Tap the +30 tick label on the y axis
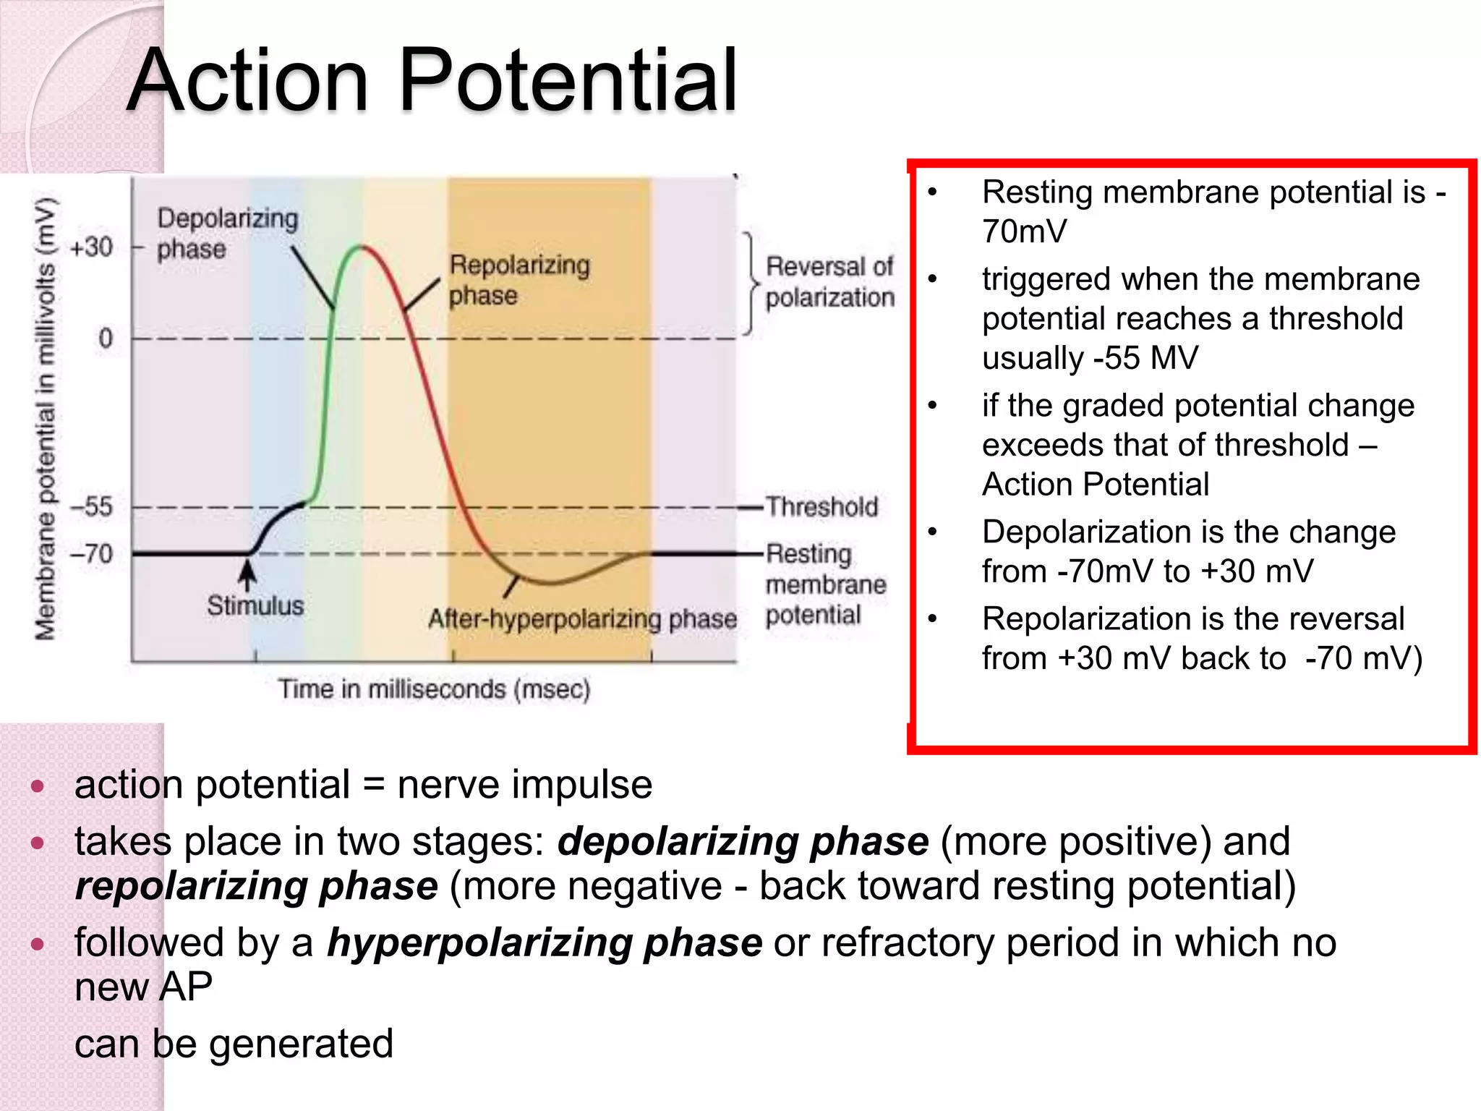(92, 247)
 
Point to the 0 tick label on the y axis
(106, 338)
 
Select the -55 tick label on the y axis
(92, 506)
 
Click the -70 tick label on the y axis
(92, 554)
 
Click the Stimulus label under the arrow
(255, 605)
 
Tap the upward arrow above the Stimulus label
(247, 576)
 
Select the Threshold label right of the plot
(821, 506)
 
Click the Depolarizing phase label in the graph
(226, 233)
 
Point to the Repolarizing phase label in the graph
(518, 280)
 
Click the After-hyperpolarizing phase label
(582, 619)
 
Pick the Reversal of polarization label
(829, 281)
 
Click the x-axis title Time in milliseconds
(434, 689)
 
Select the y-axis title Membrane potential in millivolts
(45, 418)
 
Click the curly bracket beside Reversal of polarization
(751, 284)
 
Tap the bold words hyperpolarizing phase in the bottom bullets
(544, 942)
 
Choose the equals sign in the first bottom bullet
(373, 785)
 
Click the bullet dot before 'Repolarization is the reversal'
(933, 619)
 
